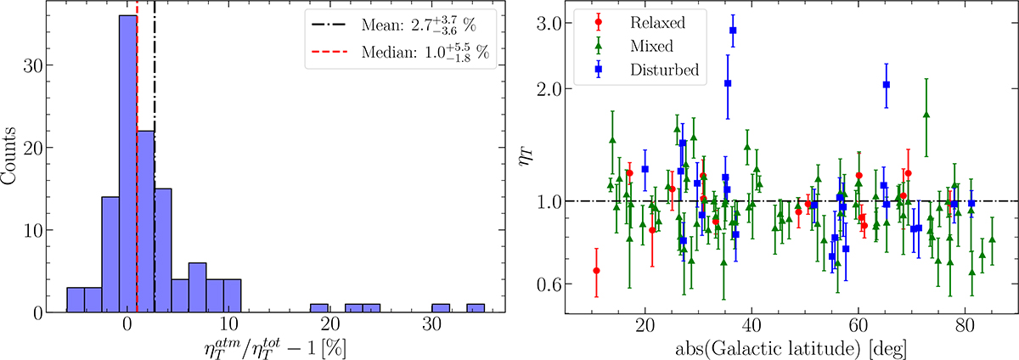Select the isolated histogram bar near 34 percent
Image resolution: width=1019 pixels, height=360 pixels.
click(476, 308)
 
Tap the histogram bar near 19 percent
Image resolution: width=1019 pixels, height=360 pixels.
click(318, 308)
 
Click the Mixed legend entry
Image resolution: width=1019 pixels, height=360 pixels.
click(645, 46)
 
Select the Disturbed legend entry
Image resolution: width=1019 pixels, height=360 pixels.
click(655, 70)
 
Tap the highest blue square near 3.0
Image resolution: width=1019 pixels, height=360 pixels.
click(733, 31)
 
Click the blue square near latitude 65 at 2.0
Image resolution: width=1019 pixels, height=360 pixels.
click(887, 84)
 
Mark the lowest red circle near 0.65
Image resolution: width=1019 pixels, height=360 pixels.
click(597, 271)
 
